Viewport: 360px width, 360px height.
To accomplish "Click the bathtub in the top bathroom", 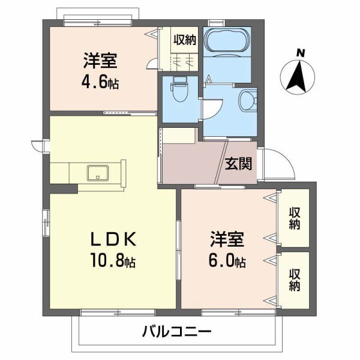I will tap(226, 41).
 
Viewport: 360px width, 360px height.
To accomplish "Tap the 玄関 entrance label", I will tap(238, 163).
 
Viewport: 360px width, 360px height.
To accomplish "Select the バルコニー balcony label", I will tap(177, 331).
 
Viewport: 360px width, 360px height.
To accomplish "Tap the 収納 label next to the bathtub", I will tap(184, 40).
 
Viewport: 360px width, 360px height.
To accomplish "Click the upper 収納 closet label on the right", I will tap(294, 218).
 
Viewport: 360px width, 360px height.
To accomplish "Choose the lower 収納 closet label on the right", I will tap(294, 281).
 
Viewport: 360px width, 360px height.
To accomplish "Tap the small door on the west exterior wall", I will tap(39, 145).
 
